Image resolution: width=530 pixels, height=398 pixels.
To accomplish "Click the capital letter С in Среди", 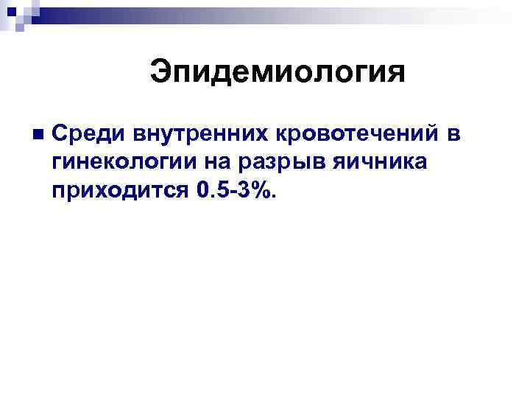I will click(x=60, y=135).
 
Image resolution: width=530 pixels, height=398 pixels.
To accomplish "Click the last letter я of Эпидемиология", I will click(x=397, y=74).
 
